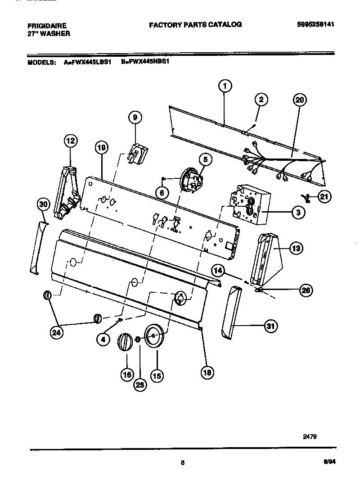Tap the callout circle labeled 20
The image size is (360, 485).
pos(299,100)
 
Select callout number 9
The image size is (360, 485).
pos(134,118)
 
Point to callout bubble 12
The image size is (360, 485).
pos(70,141)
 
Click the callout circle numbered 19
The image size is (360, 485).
pos(102,147)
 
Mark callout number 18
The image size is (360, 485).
pos(207,372)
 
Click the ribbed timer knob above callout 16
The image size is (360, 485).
pos(125,345)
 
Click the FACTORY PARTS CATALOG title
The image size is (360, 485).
pos(195,24)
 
